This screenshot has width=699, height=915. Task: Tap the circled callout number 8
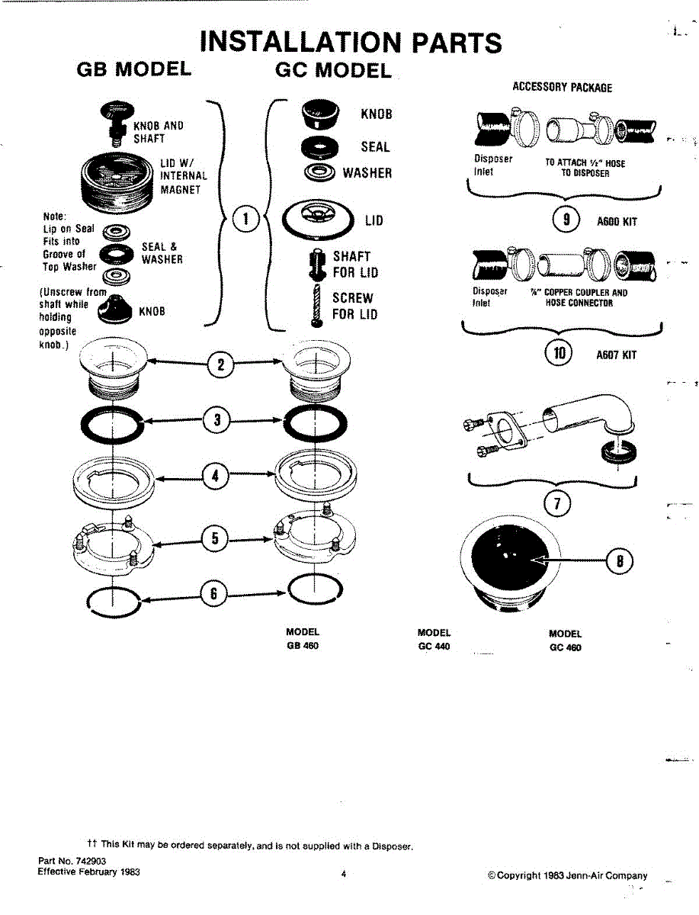click(x=620, y=562)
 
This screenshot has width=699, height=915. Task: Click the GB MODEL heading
click(x=134, y=69)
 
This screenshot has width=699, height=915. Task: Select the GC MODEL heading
click(x=332, y=71)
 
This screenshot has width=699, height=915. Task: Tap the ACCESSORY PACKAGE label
click(x=562, y=87)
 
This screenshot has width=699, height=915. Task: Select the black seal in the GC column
click(x=319, y=146)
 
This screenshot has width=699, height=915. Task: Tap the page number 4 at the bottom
click(x=344, y=875)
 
